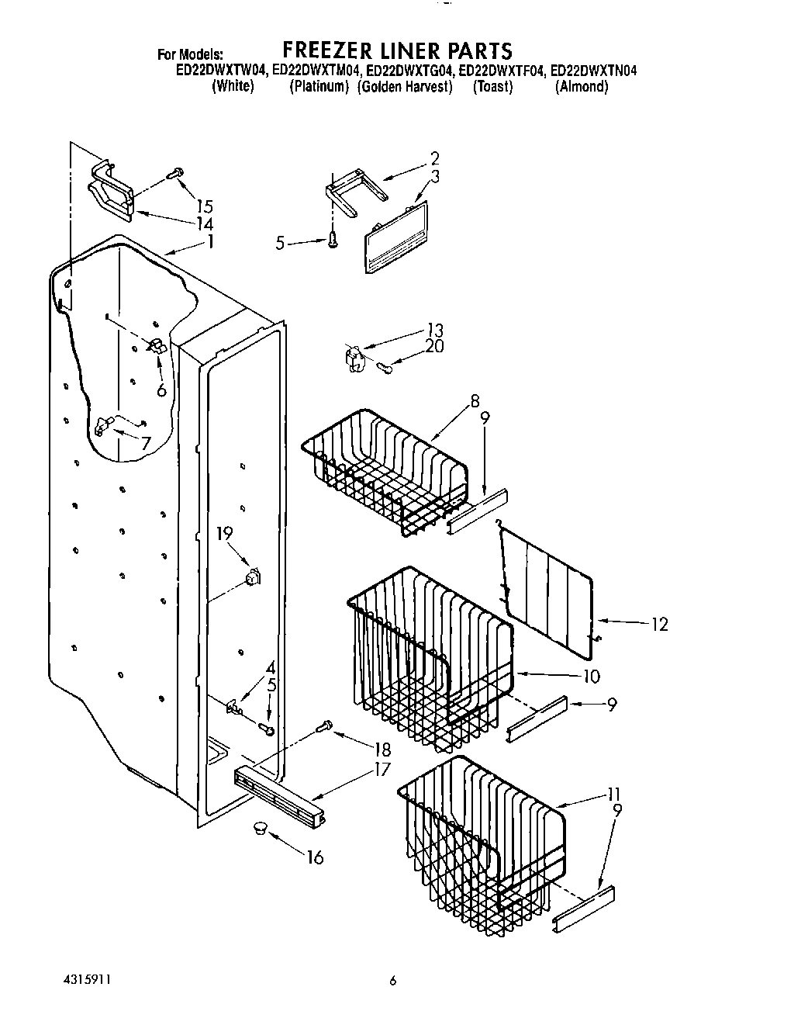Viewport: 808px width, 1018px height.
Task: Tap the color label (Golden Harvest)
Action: [x=406, y=87]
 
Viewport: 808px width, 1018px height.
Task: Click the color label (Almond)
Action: [x=582, y=87]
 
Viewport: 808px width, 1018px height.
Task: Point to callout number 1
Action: [x=209, y=241]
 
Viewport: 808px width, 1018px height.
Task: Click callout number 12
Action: [x=659, y=624]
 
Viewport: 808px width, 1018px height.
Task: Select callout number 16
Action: [x=315, y=857]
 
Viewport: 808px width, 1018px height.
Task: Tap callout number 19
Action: [x=224, y=534]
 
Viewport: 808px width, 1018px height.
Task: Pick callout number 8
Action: [x=475, y=402]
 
